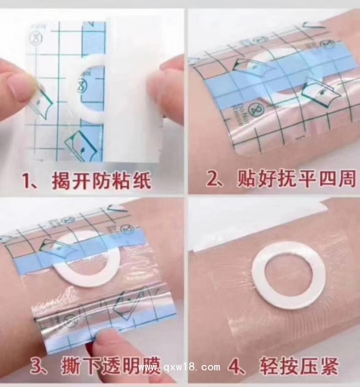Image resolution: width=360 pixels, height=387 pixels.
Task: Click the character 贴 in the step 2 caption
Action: click(x=247, y=181)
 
